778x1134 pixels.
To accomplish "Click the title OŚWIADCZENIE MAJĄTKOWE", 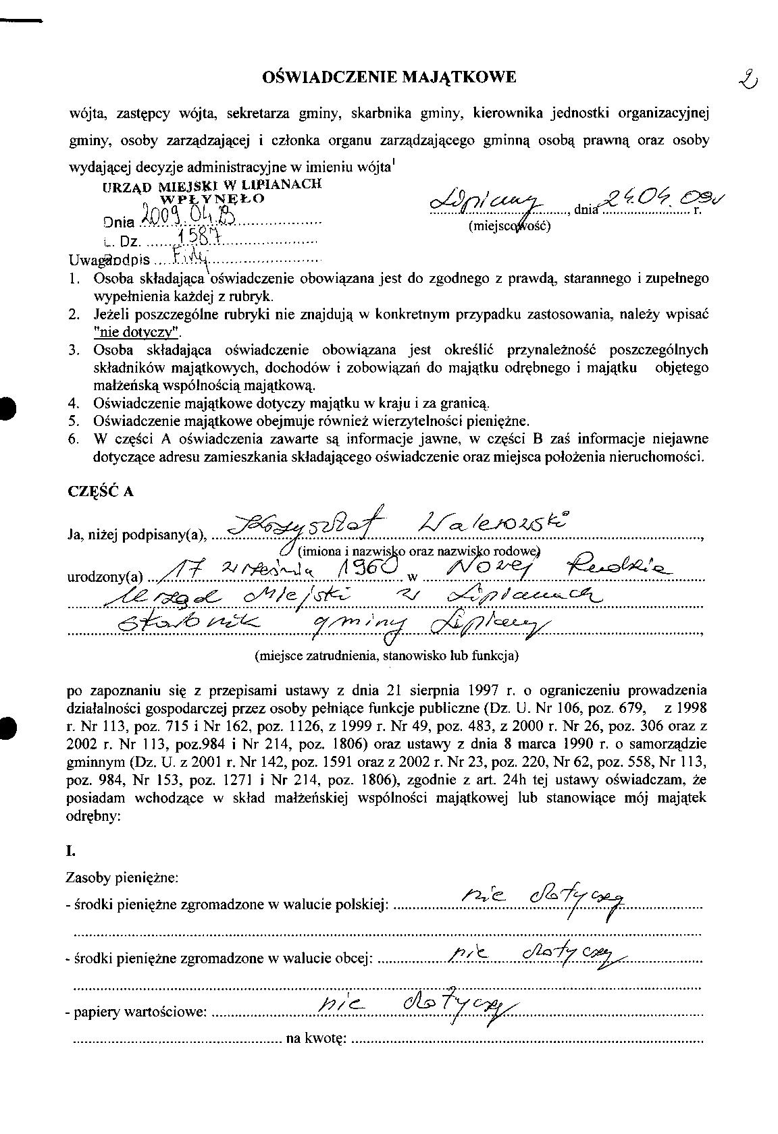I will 388,78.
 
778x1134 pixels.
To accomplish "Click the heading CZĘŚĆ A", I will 101,491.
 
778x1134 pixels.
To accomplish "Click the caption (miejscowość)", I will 509,226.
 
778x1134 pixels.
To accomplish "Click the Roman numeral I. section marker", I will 70,852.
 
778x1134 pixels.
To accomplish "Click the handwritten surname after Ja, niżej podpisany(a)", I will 502,526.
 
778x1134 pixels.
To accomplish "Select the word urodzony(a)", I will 105,578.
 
